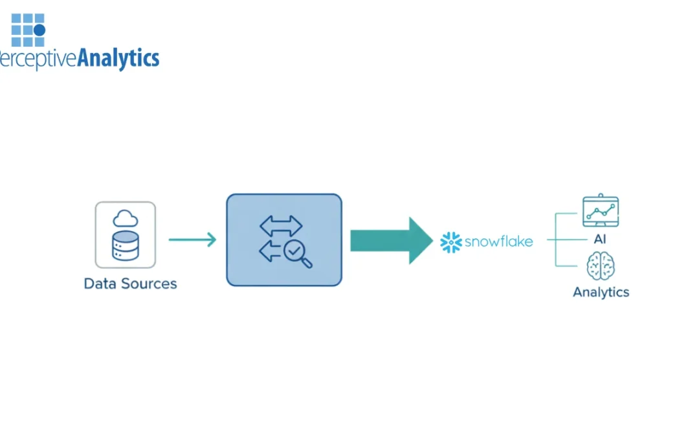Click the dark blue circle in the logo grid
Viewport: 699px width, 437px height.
[x=39, y=30]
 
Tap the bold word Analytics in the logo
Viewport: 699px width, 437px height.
[x=118, y=59]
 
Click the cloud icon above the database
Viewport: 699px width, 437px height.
[x=126, y=219]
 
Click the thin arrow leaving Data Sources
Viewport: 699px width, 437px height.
[x=192, y=240]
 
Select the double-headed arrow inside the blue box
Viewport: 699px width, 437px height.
[x=281, y=225]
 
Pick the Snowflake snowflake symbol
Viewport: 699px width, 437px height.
[x=450, y=242]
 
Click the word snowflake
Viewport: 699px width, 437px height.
[x=498, y=242]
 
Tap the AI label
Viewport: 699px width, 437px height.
[x=600, y=240]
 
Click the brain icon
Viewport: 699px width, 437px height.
[x=600, y=266]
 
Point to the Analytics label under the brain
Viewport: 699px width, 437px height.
[x=601, y=292]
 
